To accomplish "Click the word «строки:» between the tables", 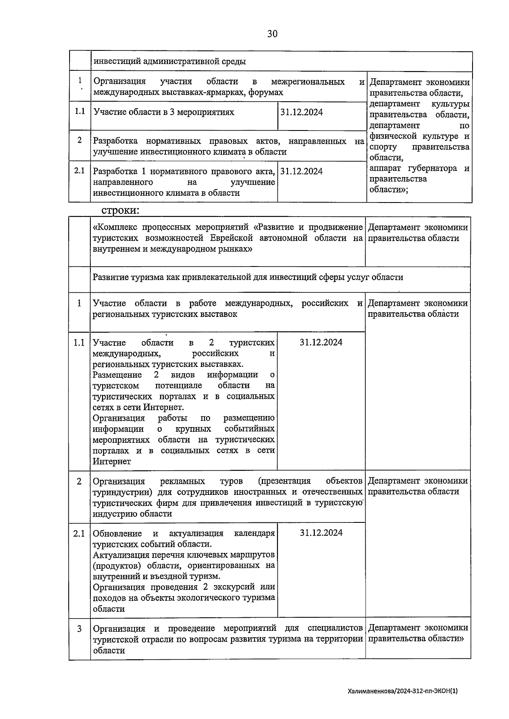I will pos(120,210).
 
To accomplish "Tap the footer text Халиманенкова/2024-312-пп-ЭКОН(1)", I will pos(403,691).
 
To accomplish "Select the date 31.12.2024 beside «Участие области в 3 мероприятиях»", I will pos(302,112).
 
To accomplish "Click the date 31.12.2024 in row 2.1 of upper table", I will pos(302,171).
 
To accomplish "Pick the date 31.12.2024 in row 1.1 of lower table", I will pos(321,343).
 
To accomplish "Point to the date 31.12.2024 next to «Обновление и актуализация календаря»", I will pos(321,533).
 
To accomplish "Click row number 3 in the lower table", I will pos(79,628).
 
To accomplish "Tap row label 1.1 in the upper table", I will pos(80,112).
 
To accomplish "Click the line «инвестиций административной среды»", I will pos(169,61).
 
